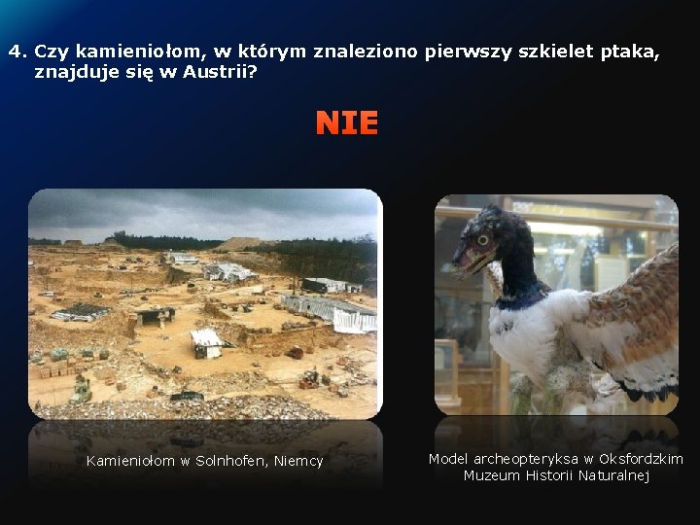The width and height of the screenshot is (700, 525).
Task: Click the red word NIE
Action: tap(346, 123)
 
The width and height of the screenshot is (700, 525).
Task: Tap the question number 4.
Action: tap(16, 52)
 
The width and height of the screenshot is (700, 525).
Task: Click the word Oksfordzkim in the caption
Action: tap(641, 459)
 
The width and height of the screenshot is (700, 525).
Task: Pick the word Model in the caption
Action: tap(448, 459)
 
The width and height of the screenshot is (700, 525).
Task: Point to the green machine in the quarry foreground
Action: tap(82, 388)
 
